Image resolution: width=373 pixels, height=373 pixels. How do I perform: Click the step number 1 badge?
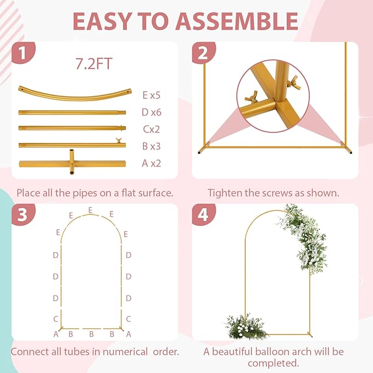23,53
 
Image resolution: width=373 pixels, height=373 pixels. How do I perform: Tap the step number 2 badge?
203,53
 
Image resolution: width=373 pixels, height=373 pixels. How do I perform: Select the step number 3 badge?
23,214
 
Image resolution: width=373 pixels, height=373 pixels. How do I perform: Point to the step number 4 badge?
203,214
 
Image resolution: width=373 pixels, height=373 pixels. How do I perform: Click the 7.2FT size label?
94,64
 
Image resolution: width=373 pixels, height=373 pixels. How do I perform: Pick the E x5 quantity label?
152,95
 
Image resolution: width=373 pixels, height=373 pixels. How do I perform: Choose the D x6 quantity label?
151,112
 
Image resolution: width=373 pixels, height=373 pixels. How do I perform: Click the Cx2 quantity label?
152,129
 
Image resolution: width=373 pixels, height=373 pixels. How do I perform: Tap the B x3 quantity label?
151,146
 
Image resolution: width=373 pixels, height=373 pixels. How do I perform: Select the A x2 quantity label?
151,163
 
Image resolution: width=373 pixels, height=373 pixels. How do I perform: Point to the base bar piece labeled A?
73,163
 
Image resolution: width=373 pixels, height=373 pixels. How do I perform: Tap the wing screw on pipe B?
119,140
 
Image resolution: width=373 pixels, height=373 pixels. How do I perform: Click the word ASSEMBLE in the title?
237,21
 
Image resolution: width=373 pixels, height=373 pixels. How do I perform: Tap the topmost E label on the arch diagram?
91,210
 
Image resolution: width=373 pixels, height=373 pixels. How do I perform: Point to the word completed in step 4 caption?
273,363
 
